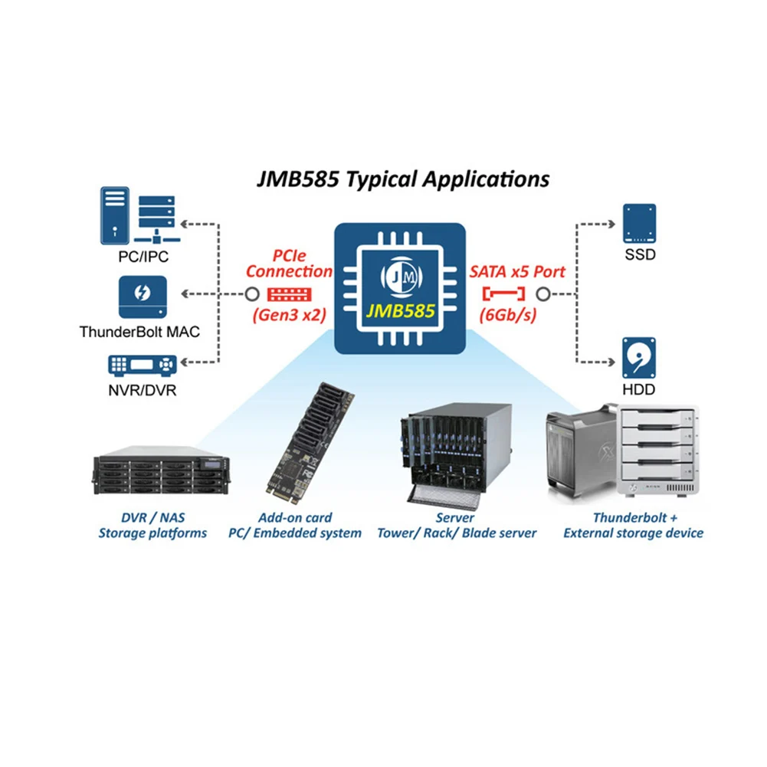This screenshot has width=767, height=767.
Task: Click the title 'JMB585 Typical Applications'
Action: point(402,179)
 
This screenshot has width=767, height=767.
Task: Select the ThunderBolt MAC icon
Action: point(142,297)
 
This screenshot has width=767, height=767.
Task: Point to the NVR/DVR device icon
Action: point(142,364)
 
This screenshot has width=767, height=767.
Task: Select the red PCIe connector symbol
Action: point(290,293)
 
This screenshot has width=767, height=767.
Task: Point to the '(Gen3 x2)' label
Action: point(290,315)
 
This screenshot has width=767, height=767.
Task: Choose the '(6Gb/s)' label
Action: point(505,315)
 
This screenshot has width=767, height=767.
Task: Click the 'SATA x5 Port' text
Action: point(516,271)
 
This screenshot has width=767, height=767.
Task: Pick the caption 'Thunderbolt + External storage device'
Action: point(633,525)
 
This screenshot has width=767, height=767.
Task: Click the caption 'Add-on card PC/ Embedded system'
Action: point(295,525)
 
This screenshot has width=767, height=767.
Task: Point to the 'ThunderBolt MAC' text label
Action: point(139,333)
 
